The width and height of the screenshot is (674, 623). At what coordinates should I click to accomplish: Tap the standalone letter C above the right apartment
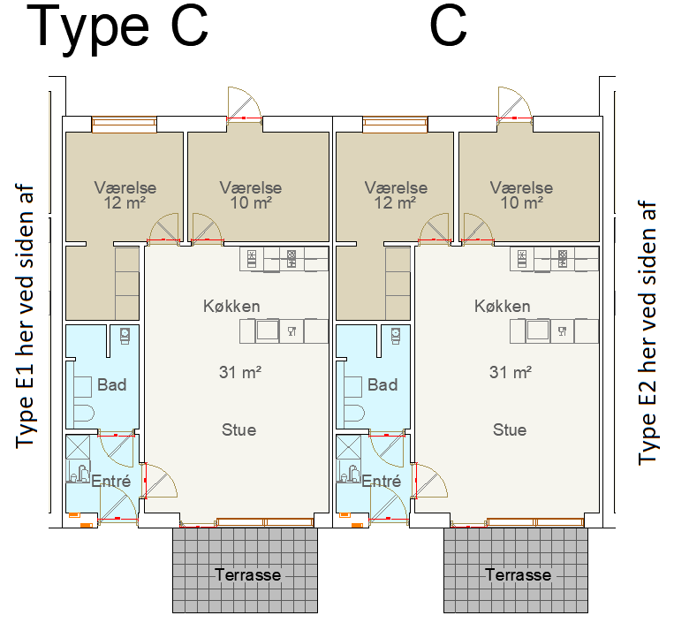point(448,27)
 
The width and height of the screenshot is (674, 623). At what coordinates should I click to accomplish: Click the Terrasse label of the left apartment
point(247,575)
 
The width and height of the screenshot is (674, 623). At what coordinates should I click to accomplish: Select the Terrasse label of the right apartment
point(518,575)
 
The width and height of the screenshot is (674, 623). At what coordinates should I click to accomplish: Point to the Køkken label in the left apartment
point(231,306)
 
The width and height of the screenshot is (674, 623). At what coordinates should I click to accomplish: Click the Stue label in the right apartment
point(510,429)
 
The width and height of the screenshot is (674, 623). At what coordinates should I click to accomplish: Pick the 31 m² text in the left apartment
point(240,372)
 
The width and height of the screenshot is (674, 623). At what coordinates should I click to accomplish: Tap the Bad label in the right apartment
point(382,384)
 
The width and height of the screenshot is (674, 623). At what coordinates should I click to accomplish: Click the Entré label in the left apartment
point(111,481)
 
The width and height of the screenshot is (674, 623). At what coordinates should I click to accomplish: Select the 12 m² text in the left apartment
point(125,202)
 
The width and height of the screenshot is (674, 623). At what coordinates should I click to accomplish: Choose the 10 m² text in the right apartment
point(521,202)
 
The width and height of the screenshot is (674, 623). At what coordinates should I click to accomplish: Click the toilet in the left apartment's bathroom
point(84,414)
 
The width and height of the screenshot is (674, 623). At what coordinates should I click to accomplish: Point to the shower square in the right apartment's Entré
point(349,447)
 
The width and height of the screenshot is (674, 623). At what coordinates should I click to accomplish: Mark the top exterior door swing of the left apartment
point(244,103)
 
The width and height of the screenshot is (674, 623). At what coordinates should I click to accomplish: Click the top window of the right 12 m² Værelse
point(395,124)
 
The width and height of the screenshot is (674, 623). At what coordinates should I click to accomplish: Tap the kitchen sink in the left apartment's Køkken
point(267,330)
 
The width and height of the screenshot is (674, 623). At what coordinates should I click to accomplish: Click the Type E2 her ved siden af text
point(648,332)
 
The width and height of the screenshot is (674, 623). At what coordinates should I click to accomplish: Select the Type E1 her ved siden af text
point(25,317)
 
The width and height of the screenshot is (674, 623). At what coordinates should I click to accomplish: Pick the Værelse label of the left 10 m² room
point(251,187)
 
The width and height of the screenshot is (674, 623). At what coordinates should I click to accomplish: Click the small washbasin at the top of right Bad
point(396,335)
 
